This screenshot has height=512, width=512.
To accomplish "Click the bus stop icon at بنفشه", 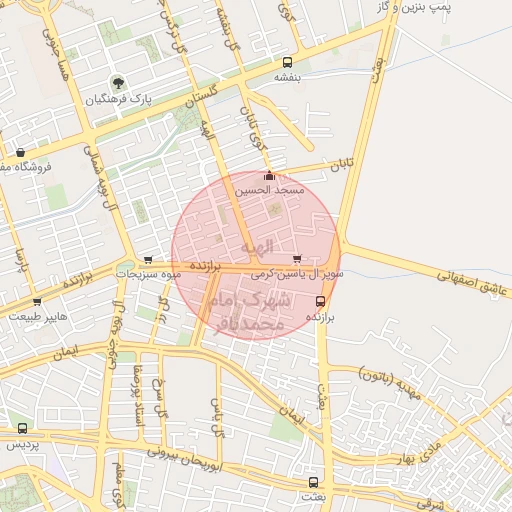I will pos(288,61).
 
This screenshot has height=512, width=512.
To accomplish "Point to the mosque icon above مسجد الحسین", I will pos(268,176).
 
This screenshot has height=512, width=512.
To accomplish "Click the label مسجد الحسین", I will pos(268,189).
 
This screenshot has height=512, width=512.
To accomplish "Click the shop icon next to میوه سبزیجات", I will pos(149,258).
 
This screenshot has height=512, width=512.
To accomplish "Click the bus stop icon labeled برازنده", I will pos(320,301).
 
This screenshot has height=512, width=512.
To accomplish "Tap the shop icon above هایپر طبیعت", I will pos(38,301).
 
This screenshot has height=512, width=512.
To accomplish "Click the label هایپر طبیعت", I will pos(39,315).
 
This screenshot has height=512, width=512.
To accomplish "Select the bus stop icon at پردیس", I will pos(22,429).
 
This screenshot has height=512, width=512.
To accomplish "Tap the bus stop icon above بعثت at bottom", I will pos(314,481).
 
